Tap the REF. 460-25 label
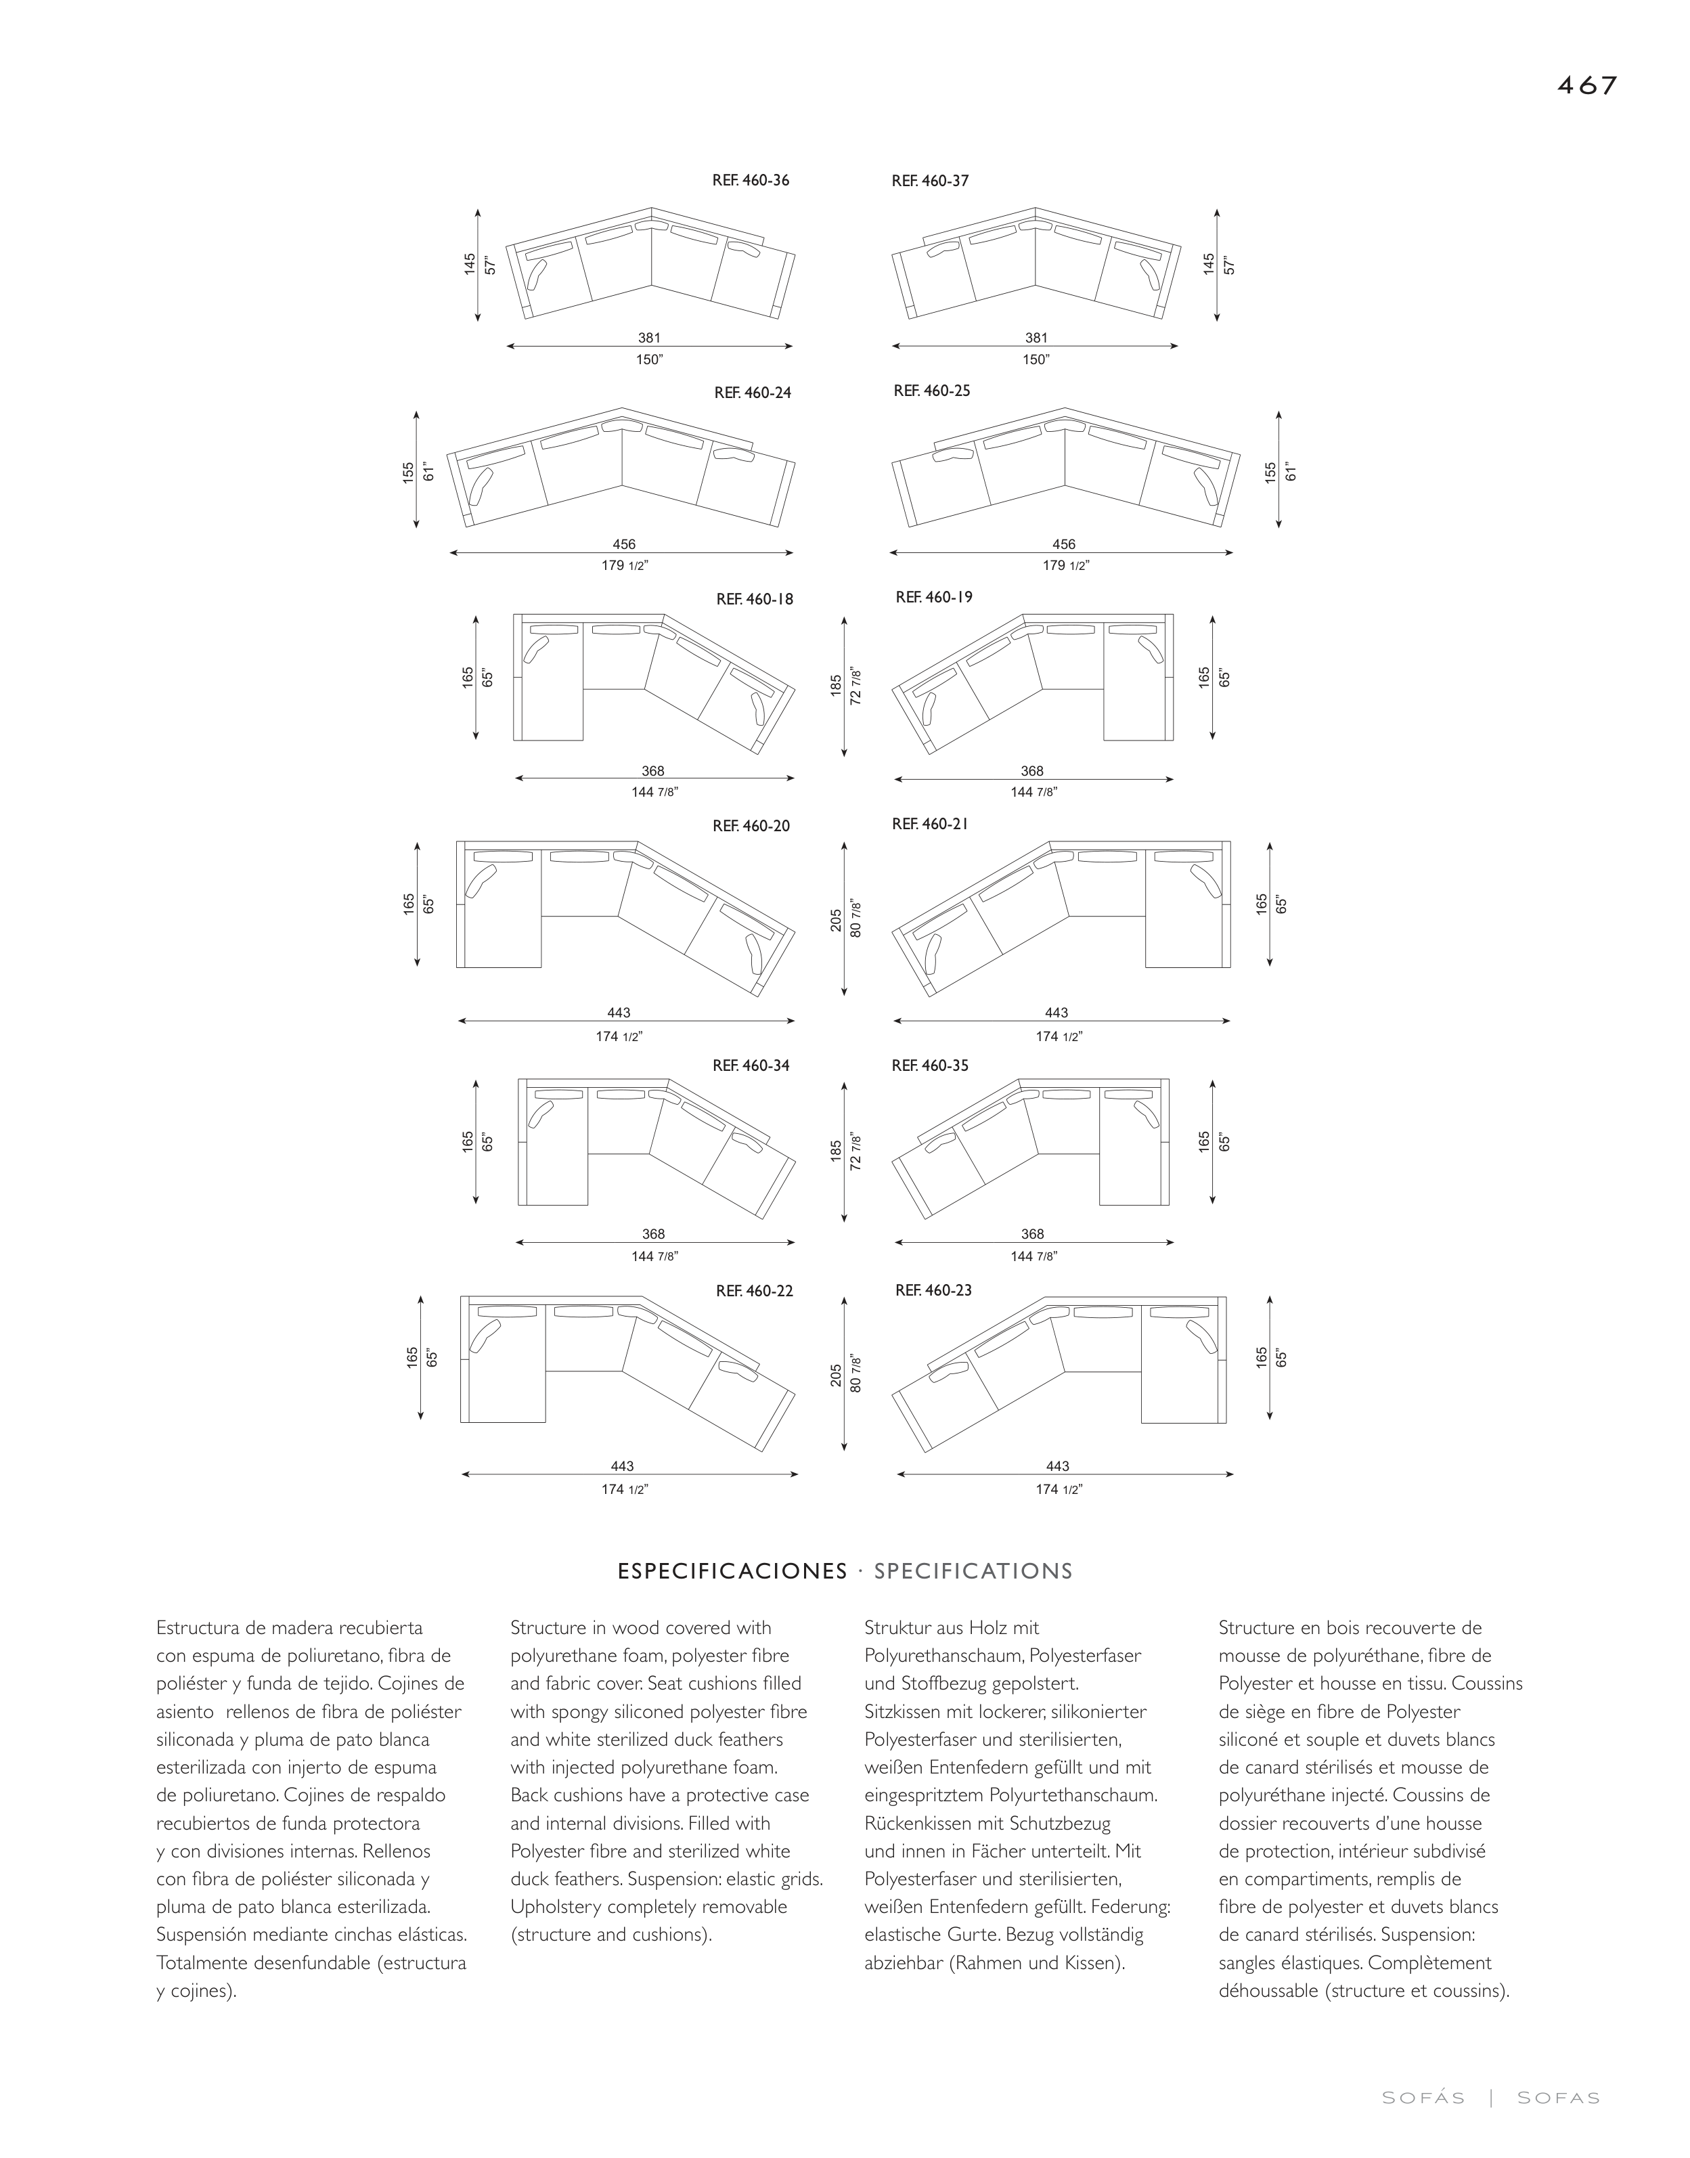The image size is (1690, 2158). [931, 391]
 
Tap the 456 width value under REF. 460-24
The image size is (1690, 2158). [623, 544]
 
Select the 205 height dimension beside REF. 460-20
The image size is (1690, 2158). [836, 919]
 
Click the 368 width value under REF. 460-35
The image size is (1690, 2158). [1032, 1234]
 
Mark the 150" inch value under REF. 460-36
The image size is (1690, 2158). [649, 360]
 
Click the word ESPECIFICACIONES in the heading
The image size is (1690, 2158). [732, 1571]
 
